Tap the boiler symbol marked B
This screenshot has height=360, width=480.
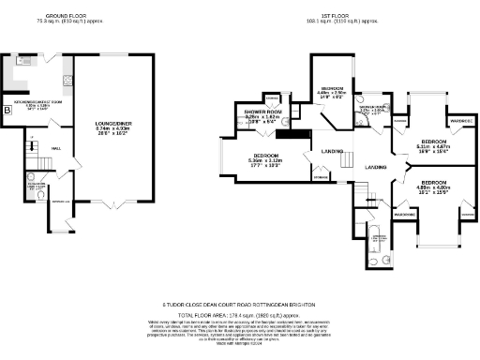click(8, 111)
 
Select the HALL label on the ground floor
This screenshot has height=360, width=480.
click(56, 148)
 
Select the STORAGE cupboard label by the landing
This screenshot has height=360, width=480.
click(321, 176)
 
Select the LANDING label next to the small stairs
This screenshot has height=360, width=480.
click(332, 151)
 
